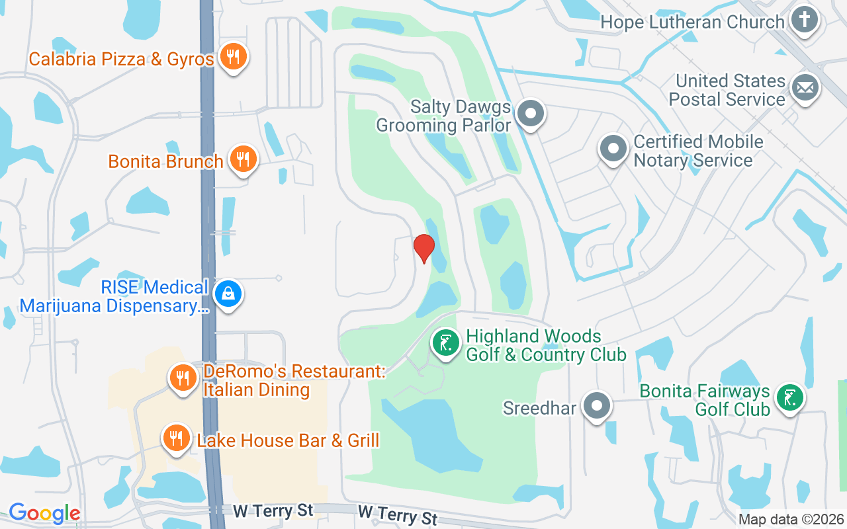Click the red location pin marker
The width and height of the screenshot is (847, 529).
pos(423,249)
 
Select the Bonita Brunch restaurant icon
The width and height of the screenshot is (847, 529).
pos(243,159)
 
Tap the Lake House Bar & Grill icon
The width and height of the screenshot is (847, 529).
pos(176,438)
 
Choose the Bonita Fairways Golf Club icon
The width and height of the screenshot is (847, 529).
pos(789,398)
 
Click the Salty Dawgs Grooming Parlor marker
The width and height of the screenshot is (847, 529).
pos(530,114)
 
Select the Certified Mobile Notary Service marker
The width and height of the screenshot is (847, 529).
pos(613,149)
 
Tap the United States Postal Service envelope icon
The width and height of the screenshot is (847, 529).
pos(805,88)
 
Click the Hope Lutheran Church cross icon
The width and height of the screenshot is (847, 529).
pos(805,20)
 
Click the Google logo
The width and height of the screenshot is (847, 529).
pos(44,512)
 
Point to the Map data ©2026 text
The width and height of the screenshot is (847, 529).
pos(791,520)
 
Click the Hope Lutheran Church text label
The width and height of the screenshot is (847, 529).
pos(692,22)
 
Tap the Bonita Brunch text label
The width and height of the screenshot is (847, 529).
pos(165,161)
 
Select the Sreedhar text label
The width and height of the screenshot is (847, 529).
pos(539,407)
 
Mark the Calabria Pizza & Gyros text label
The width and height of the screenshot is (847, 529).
pos(121,59)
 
